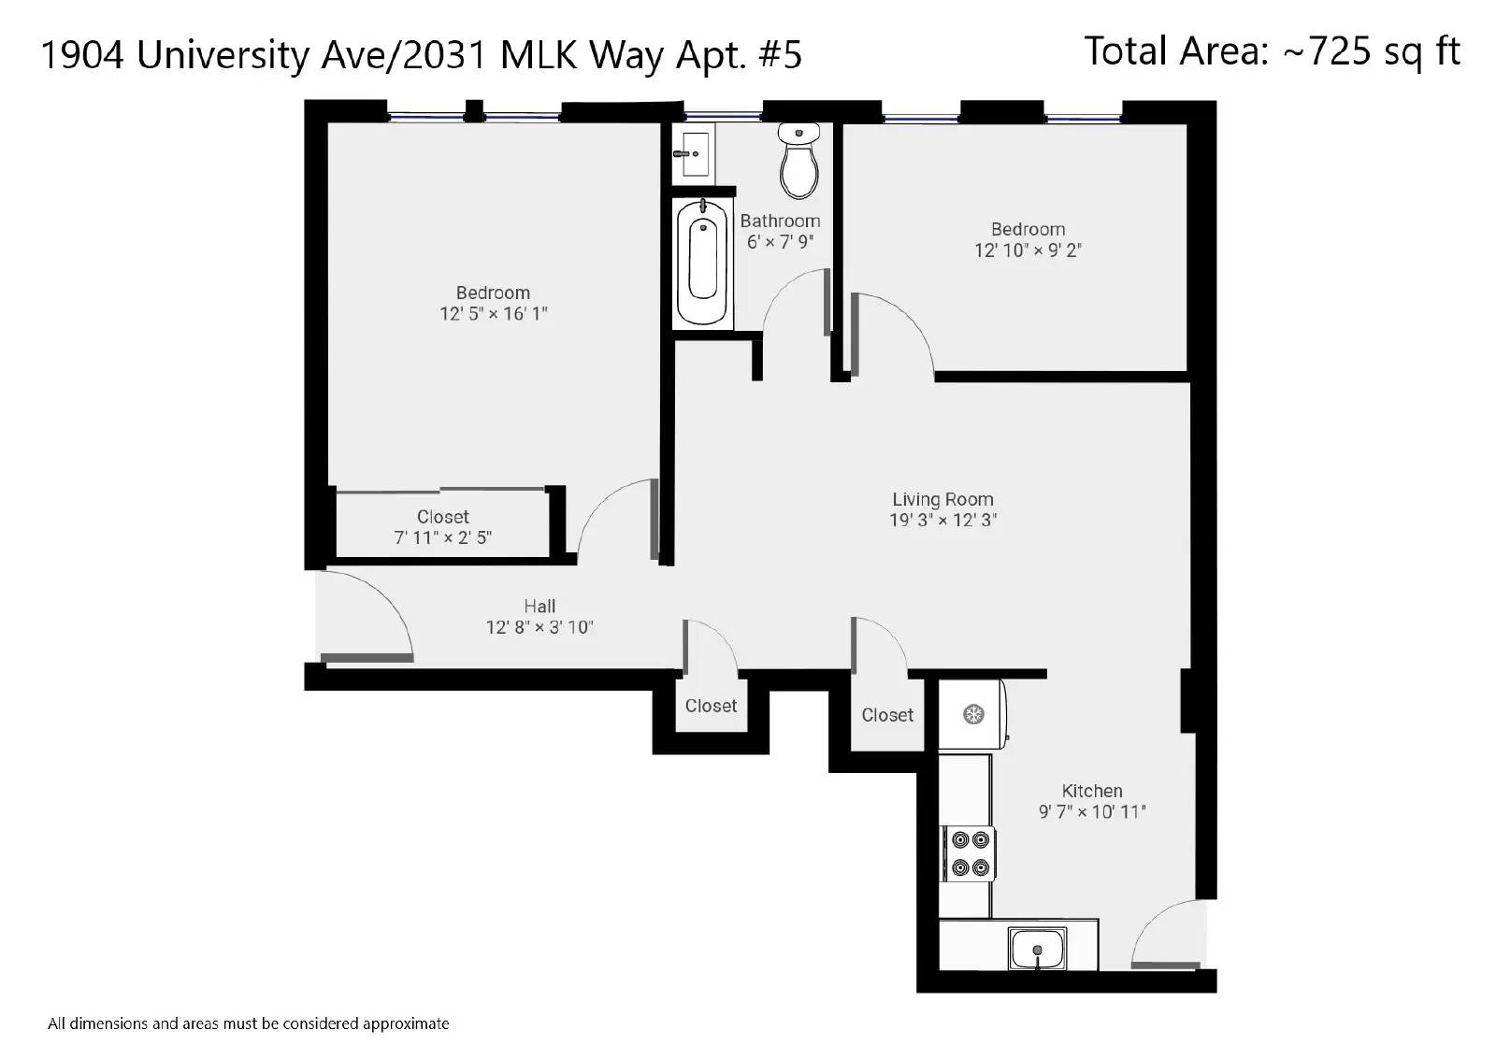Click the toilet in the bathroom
pos(798,161)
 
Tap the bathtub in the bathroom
pos(702,263)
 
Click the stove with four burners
pos(970,853)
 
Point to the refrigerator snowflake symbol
pos(973,714)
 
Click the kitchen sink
pos(1037,949)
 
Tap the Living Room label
pos(943,499)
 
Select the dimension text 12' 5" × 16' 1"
pos(494,314)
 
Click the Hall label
pos(539,606)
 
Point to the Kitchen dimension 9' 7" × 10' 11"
pos(1092,811)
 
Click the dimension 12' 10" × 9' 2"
pos(1028,250)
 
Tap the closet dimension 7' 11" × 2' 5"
pos(443,537)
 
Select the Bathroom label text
pos(780,221)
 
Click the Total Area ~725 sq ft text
pos(1273,51)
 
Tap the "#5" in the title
pos(780,55)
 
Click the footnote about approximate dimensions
pos(249,1024)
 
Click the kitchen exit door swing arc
pos(1158,922)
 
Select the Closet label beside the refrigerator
pos(887,715)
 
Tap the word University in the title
pos(223,55)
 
